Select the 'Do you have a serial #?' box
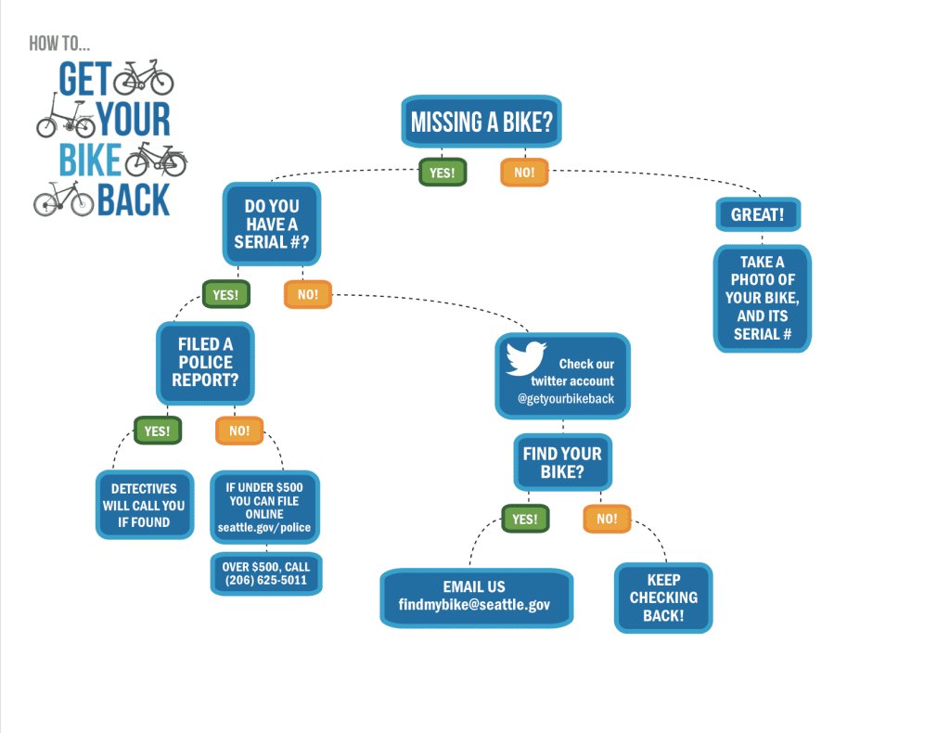pos(271,224)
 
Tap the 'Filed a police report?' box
pos(205,362)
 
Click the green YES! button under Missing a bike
pos(443,173)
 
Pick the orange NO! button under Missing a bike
pos(524,173)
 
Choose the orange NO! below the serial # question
pos(308,295)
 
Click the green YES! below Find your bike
pos(525,519)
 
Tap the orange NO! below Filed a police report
pos(239,431)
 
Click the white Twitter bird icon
pos(526,359)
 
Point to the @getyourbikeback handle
pos(566,399)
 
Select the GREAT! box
pos(757,214)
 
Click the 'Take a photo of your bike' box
pos(762,298)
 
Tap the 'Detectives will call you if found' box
pos(144,506)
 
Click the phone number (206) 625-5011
pos(265,582)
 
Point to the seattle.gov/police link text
pos(264,528)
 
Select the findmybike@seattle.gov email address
pos(474,604)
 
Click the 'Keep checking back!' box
pos(663,598)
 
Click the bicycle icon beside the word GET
pos(144,77)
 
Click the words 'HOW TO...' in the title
pos(59,43)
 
